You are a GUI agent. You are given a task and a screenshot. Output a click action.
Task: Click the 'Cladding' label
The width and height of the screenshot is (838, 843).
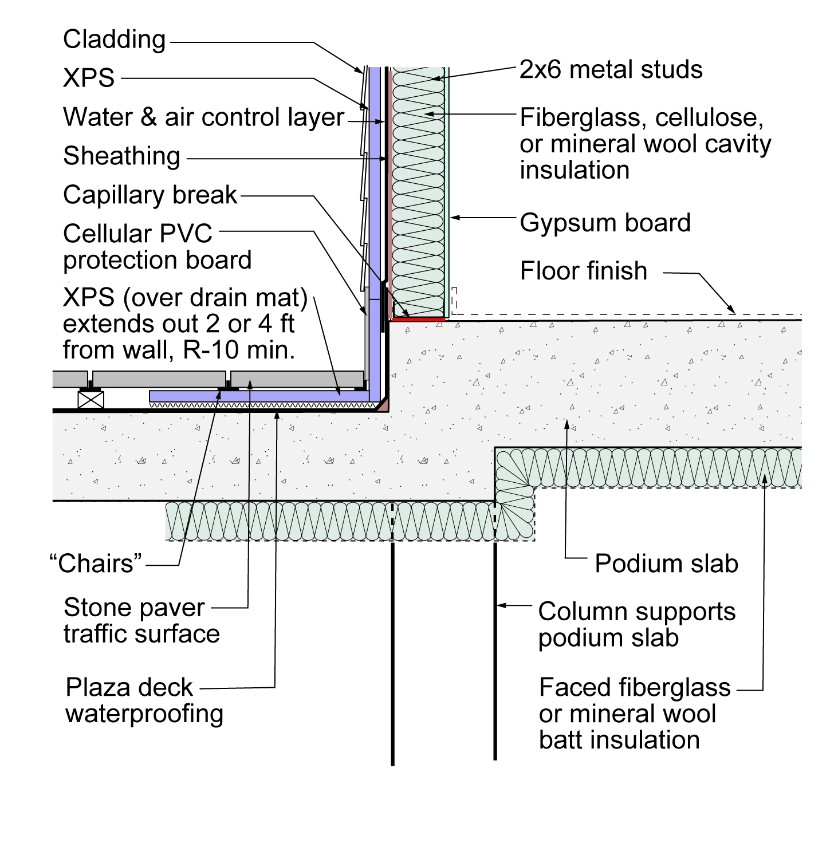114,40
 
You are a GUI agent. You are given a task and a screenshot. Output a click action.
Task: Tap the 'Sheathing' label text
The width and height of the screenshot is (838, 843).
121,156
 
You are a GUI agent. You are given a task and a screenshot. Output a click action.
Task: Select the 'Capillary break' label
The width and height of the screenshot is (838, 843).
150,195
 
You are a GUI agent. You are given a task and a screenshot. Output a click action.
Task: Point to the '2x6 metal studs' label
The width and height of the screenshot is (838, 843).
611,69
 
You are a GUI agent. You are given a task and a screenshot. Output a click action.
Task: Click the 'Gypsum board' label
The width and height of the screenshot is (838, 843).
605,223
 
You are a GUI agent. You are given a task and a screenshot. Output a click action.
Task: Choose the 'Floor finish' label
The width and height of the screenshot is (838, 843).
583,271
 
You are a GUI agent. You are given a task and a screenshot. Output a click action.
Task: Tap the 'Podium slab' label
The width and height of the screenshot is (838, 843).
667,564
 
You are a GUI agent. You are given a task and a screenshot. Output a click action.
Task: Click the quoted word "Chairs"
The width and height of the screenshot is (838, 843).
96,564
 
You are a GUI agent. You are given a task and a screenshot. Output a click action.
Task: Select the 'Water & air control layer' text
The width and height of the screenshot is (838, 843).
203,117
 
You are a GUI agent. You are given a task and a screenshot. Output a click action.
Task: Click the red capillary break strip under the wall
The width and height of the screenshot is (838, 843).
418,320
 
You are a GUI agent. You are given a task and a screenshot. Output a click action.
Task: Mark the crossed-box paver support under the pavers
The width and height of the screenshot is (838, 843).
91,400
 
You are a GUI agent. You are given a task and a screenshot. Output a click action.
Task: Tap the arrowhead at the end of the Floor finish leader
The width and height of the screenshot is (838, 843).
731,310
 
